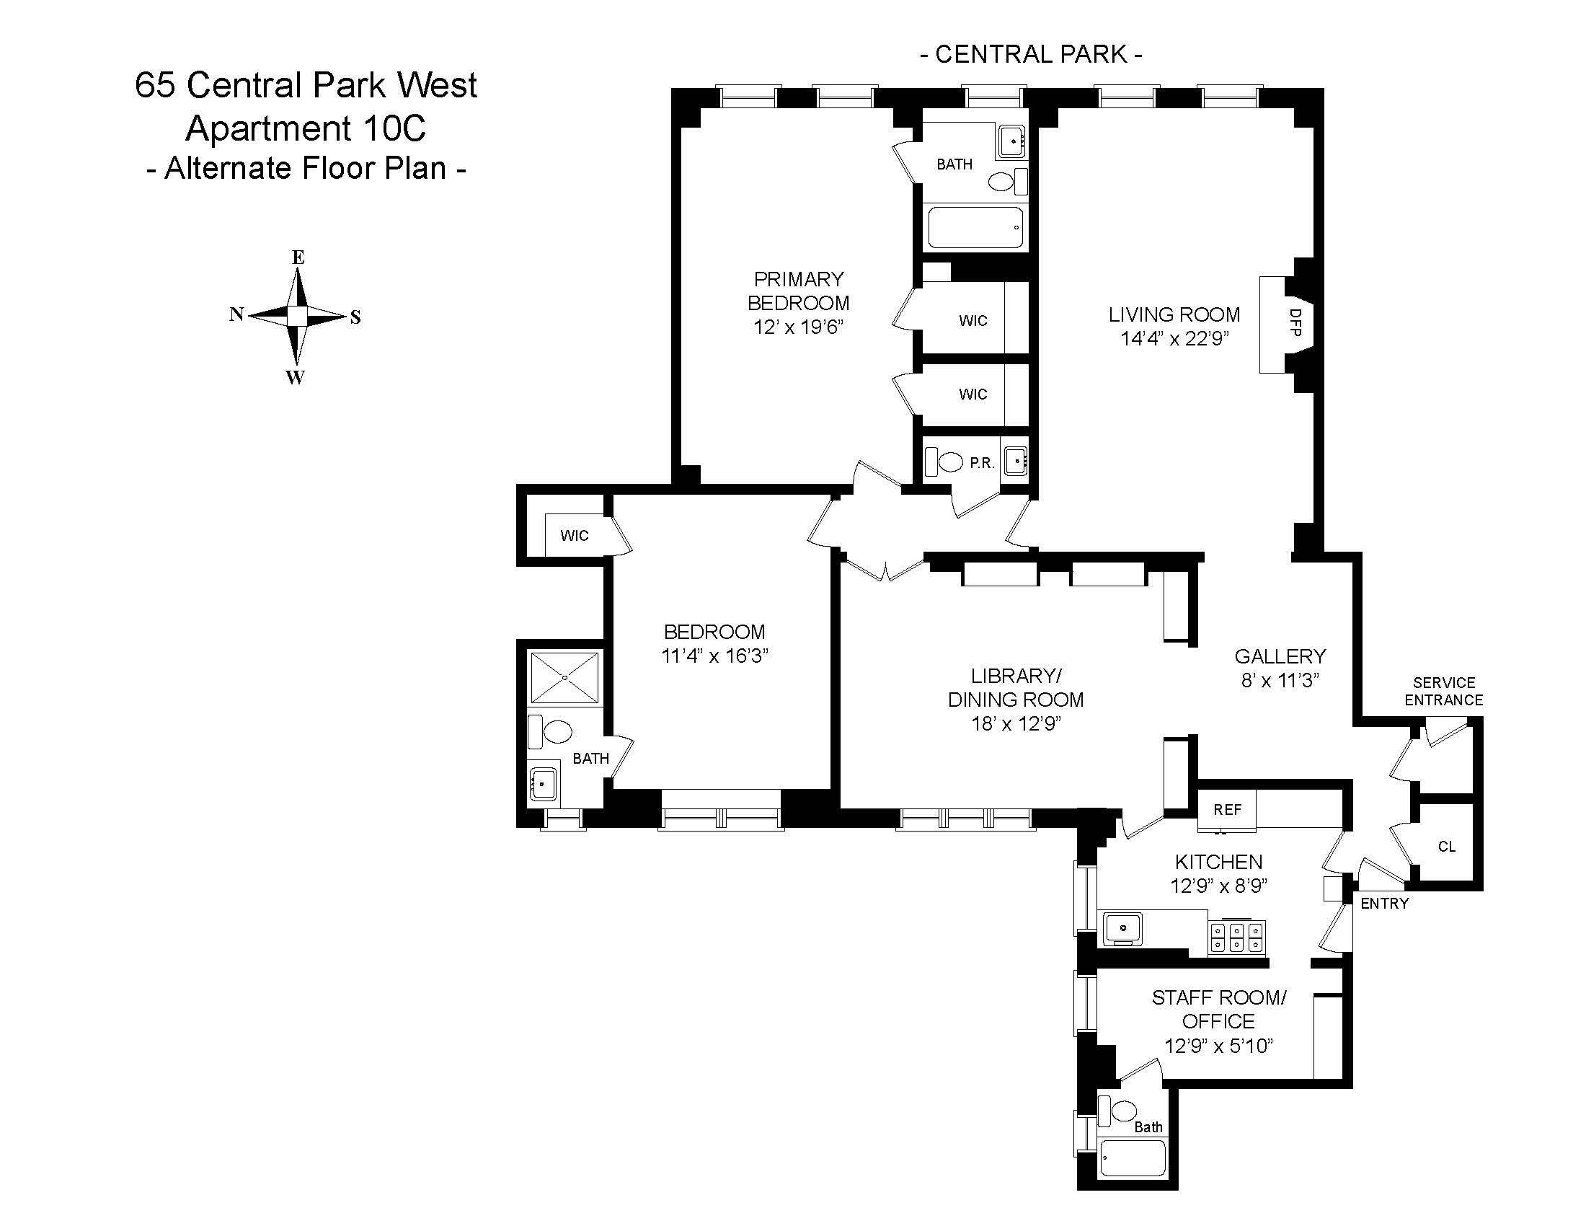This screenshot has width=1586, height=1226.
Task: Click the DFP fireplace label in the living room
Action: pos(1295,323)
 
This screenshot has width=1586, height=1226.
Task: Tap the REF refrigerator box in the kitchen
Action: pos(1226,809)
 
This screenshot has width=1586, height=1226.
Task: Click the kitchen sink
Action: pos(1122,929)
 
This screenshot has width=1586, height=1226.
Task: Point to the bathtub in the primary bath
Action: pos(976,227)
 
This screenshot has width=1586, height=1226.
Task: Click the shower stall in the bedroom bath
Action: pos(566,677)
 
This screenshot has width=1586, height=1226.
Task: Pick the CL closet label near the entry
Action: pos(1447,846)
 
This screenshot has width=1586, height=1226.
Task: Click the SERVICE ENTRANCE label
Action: pos(1444,692)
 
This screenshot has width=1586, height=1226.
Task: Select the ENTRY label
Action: pos(1384,904)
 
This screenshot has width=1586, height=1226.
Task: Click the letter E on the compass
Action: pos(298,258)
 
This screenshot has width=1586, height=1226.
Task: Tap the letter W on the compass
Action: pos(295,377)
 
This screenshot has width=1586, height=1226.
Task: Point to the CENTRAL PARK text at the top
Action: pos(1031,55)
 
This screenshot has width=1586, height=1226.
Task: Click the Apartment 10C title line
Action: pos(306,128)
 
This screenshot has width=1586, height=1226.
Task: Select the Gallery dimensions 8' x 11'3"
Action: pos(1280,681)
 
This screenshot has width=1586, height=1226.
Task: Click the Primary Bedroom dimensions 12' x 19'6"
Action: pos(798,327)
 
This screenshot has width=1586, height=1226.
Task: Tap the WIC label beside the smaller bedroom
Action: pos(574,536)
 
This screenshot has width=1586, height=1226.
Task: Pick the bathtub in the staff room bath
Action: pos(1133,1157)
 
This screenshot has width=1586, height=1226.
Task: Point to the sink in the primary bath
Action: pos(1011,140)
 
